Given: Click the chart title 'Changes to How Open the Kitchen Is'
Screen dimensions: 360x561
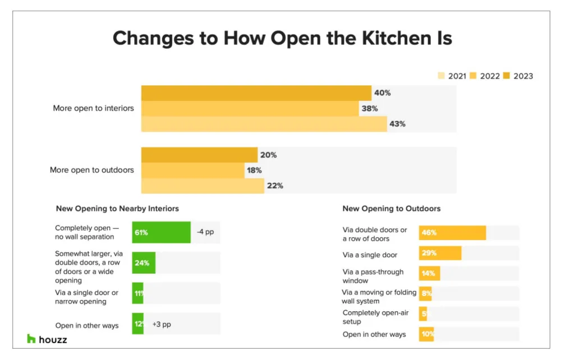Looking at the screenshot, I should coord(282,39).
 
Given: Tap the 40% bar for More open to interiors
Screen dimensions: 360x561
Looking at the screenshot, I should coord(256,93).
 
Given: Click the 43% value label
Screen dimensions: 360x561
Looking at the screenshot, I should coord(397,124).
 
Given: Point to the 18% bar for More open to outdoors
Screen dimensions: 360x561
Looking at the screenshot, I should coord(192,170).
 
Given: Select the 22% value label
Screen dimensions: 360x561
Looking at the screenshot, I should coord(275,186).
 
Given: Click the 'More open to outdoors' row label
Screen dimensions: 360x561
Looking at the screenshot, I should coord(92,170).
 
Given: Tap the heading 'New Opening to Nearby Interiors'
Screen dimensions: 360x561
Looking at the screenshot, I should coord(117,209).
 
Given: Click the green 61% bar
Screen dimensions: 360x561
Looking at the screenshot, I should coord(162,232).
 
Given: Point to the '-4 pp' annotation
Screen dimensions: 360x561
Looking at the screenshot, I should coord(205,232).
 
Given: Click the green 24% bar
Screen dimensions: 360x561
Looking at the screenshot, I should coord(144,262).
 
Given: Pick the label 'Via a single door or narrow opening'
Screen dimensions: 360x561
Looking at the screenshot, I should coord(86,297).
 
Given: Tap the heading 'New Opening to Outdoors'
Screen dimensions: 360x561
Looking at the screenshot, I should coord(391,209).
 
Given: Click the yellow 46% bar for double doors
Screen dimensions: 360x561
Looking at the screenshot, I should coord(452,233).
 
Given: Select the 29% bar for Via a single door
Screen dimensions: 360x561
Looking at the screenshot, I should coord(440,253).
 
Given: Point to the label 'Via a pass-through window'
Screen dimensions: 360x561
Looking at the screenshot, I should coord(373,276).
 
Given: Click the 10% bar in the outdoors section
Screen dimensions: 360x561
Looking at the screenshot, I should coord(426,335).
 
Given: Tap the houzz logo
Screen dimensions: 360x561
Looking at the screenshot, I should coord(47,339).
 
